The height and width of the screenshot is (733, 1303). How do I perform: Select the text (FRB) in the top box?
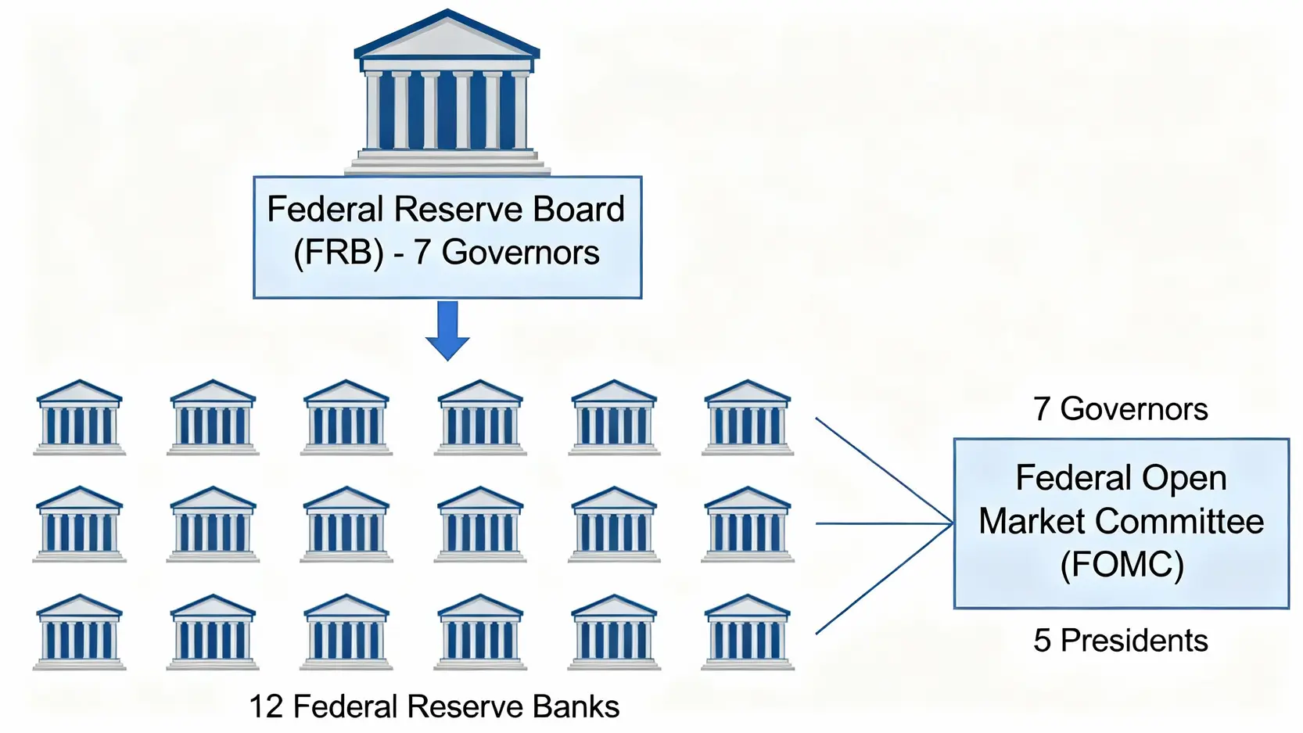click(338, 253)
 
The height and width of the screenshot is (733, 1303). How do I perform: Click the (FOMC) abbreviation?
click(1122, 565)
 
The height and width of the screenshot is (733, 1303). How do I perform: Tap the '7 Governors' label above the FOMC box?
click(1120, 409)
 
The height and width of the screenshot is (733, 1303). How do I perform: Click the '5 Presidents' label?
click(1120, 641)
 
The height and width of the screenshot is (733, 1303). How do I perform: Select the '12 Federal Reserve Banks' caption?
click(434, 706)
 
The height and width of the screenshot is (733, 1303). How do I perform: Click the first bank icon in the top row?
click(79, 418)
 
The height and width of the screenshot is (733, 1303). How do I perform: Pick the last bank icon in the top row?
click(747, 418)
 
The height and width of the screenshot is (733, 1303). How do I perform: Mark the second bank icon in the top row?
click(213, 418)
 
